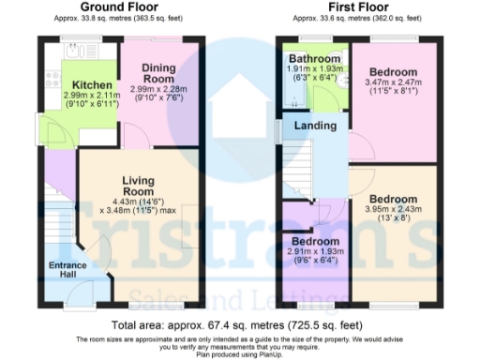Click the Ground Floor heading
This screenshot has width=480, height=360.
point(118,7)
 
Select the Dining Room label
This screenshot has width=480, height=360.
point(162,74)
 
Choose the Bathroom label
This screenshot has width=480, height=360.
point(313,58)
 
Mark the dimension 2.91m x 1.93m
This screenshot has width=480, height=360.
point(314,252)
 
